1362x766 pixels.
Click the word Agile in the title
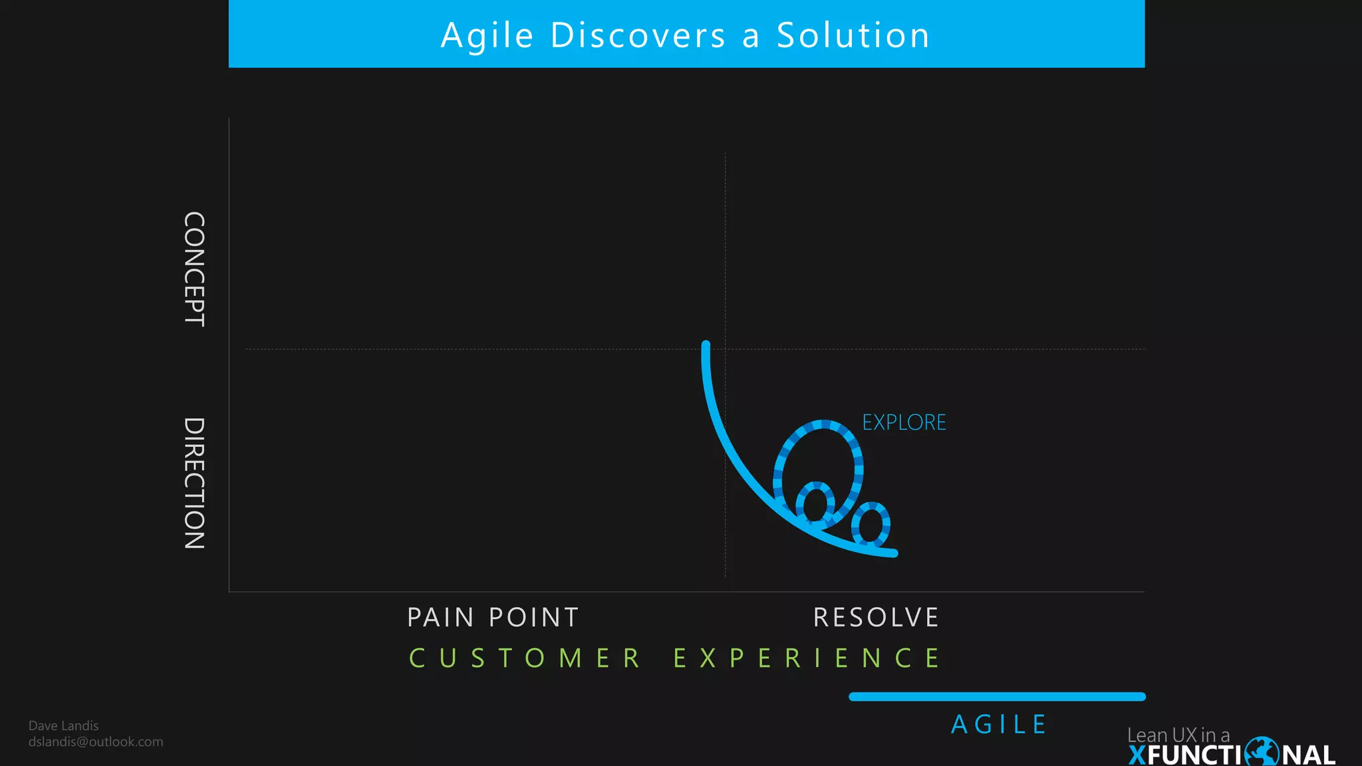pos(487,36)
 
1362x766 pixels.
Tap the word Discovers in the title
pos(638,36)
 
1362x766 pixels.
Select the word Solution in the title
pos(853,36)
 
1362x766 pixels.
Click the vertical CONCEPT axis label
pos(194,269)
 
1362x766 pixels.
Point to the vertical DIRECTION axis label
pos(194,483)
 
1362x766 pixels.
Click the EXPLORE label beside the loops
pos(904,423)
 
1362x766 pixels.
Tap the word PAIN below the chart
pos(440,618)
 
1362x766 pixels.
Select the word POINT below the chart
pos(534,618)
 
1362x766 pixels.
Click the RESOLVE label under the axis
pos(876,618)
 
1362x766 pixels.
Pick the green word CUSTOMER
pos(525,658)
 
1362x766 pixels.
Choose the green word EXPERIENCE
pos(807,658)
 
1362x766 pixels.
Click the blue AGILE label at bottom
pos(999,725)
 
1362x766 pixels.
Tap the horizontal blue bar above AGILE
pos(997,697)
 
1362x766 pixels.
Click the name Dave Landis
pos(64,726)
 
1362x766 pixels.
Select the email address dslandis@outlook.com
pos(96,742)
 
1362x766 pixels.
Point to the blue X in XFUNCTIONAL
pos(1137,755)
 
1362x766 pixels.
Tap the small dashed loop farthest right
pos(871,524)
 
